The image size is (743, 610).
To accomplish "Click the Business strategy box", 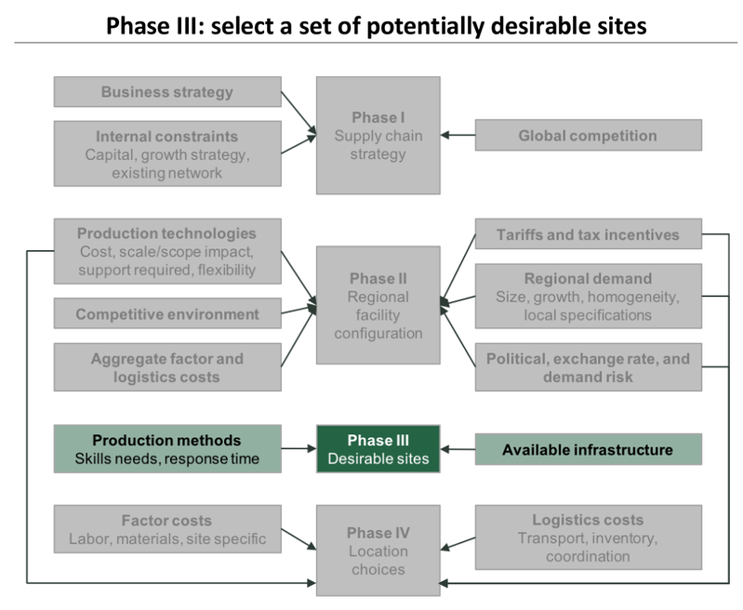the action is (167, 92).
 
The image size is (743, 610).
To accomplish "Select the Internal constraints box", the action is (167, 153).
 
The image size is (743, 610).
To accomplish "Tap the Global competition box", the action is (588, 135).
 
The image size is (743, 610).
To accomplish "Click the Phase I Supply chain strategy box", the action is (378, 136).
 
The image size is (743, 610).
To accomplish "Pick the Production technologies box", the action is (167, 251).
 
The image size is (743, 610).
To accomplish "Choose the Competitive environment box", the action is (167, 313).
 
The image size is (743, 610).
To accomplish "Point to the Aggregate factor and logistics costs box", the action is (167, 367).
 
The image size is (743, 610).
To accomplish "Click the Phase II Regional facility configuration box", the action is (378, 305).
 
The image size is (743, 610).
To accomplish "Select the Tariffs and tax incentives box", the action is (588, 233).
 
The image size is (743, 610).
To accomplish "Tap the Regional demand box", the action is (588, 297).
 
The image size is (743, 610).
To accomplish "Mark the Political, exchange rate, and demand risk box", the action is (588, 367).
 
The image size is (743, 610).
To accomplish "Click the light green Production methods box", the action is (167, 449).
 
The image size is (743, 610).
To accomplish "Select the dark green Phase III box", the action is (378, 449).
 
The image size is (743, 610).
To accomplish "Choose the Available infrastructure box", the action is (588, 449).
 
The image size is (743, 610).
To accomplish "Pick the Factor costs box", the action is (167, 529).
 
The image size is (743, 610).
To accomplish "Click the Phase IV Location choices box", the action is (378, 550).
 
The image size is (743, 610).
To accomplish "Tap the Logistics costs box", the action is (588, 537).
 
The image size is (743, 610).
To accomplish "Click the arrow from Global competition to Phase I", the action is (458, 135).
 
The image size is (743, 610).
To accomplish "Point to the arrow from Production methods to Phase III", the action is (299, 448).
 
